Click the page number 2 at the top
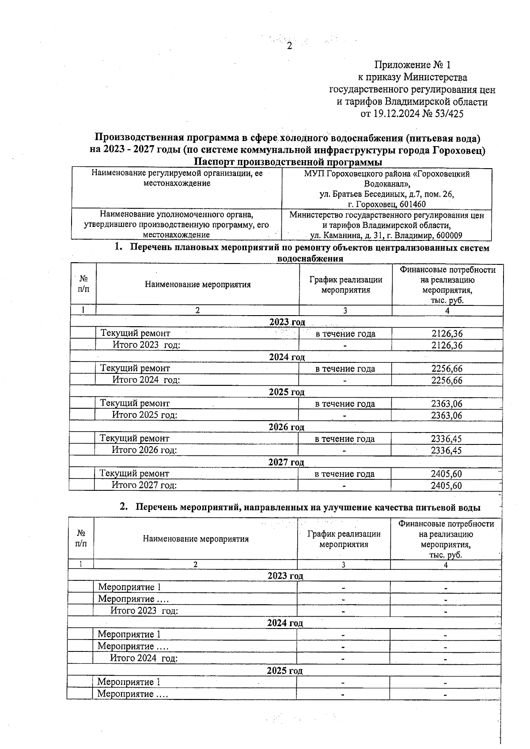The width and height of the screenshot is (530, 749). coord(290,46)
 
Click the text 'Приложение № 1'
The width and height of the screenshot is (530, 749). coord(412,65)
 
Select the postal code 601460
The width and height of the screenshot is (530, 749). coord(411,204)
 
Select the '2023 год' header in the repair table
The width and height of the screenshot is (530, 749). coord(287,322)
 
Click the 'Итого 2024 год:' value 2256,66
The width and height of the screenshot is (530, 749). coord(447,380)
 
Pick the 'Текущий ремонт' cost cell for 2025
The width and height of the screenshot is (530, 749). coord(447,403)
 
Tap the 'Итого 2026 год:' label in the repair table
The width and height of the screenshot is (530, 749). coord(144,450)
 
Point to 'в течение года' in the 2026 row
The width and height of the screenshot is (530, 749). coord(344,439)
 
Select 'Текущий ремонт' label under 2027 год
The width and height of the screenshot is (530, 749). coord(134,474)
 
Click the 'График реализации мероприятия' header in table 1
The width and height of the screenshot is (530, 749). coord(345,285)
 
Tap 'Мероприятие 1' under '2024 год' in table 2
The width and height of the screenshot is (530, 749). coord(129,635)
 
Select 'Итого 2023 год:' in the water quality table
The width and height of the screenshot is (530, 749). coord(144,611)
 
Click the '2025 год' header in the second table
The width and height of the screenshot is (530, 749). coord(284,671)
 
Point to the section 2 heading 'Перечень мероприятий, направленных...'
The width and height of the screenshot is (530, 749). coord(307,508)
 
